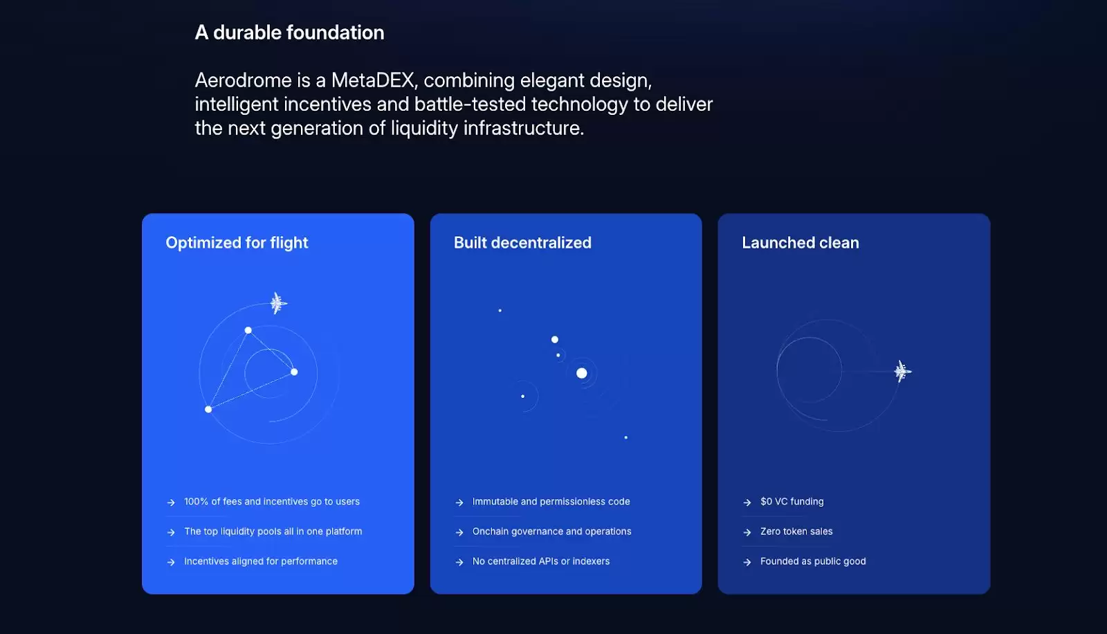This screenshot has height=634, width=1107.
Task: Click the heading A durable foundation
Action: (x=289, y=33)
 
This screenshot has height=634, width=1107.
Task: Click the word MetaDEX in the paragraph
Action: (x=373, y=80)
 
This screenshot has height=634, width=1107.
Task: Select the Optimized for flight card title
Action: (x=237, y=243)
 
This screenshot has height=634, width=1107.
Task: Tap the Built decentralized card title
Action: (x=522, y=243)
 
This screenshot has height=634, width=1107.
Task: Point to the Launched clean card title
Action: (x=800, y=243)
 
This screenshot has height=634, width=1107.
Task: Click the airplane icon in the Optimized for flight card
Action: (x=278, y=302)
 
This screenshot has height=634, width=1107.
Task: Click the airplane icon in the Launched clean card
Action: (x=902, y=371)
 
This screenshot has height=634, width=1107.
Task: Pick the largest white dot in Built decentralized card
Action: (x=582, y=373)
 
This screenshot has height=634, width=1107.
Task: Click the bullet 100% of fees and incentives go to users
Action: (x=272, y=502)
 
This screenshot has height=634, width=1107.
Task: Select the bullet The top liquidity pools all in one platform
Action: (x=273, y=532)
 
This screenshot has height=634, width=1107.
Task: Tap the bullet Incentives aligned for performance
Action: (x=260, y=561)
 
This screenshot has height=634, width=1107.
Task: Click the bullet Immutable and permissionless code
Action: (x=551, y=502)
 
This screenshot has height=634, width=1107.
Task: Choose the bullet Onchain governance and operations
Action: (x=551, y=532)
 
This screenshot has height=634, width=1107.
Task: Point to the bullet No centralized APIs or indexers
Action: (x=540, y=561)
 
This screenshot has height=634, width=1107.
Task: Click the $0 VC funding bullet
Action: (x=792, y=502)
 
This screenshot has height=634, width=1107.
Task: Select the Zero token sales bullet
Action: (x=796, y=532)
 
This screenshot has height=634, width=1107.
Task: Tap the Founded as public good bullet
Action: (x=813, y=561)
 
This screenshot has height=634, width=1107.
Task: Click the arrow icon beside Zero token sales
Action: (x=747, y=532)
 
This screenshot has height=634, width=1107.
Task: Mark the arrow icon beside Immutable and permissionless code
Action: (x=459, y=502)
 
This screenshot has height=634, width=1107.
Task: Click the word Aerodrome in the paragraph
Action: (x=243, y=80)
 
